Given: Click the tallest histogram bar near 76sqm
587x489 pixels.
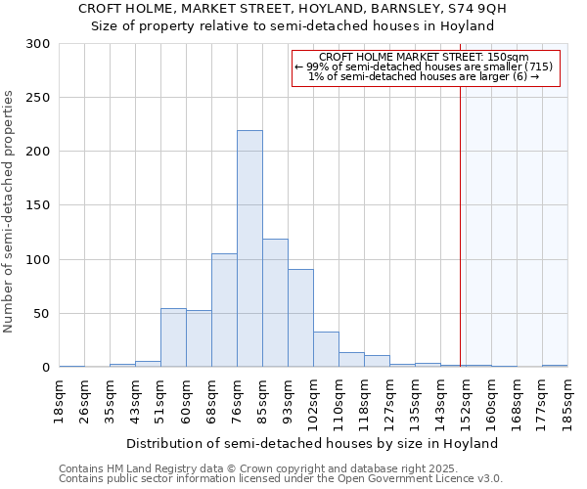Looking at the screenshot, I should (249, 249).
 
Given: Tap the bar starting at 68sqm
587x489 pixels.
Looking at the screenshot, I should (224, 310).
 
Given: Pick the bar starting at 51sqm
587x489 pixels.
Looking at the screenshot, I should (173, 337).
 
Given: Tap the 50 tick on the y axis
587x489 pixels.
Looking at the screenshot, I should (42, 314).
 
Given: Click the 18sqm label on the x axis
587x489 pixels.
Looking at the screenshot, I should (60, 402).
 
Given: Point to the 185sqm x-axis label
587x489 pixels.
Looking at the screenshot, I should (568, 402).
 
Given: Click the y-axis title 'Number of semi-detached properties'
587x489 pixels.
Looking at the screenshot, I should (10, 211).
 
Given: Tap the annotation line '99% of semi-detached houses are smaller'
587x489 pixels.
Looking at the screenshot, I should (425, 67).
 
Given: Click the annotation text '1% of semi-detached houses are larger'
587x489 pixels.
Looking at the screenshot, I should (425, 76).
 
